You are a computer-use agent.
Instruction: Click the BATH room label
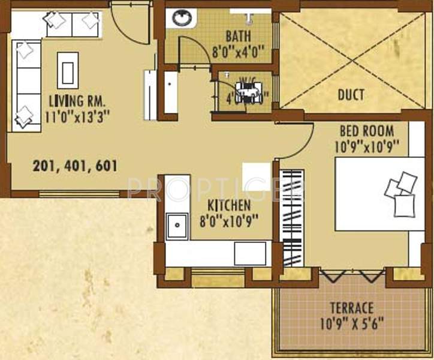(x=238, y=35)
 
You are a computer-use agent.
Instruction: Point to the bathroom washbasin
(x=180, y=17)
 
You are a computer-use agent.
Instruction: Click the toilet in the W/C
(x=247, y=92)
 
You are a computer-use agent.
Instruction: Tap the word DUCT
(x=351, y=95)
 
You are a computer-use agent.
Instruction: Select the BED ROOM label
(x=367, y=130)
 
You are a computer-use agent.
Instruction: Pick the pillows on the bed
(x=401, y=193)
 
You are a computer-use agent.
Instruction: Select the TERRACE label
(x=351, y=309)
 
